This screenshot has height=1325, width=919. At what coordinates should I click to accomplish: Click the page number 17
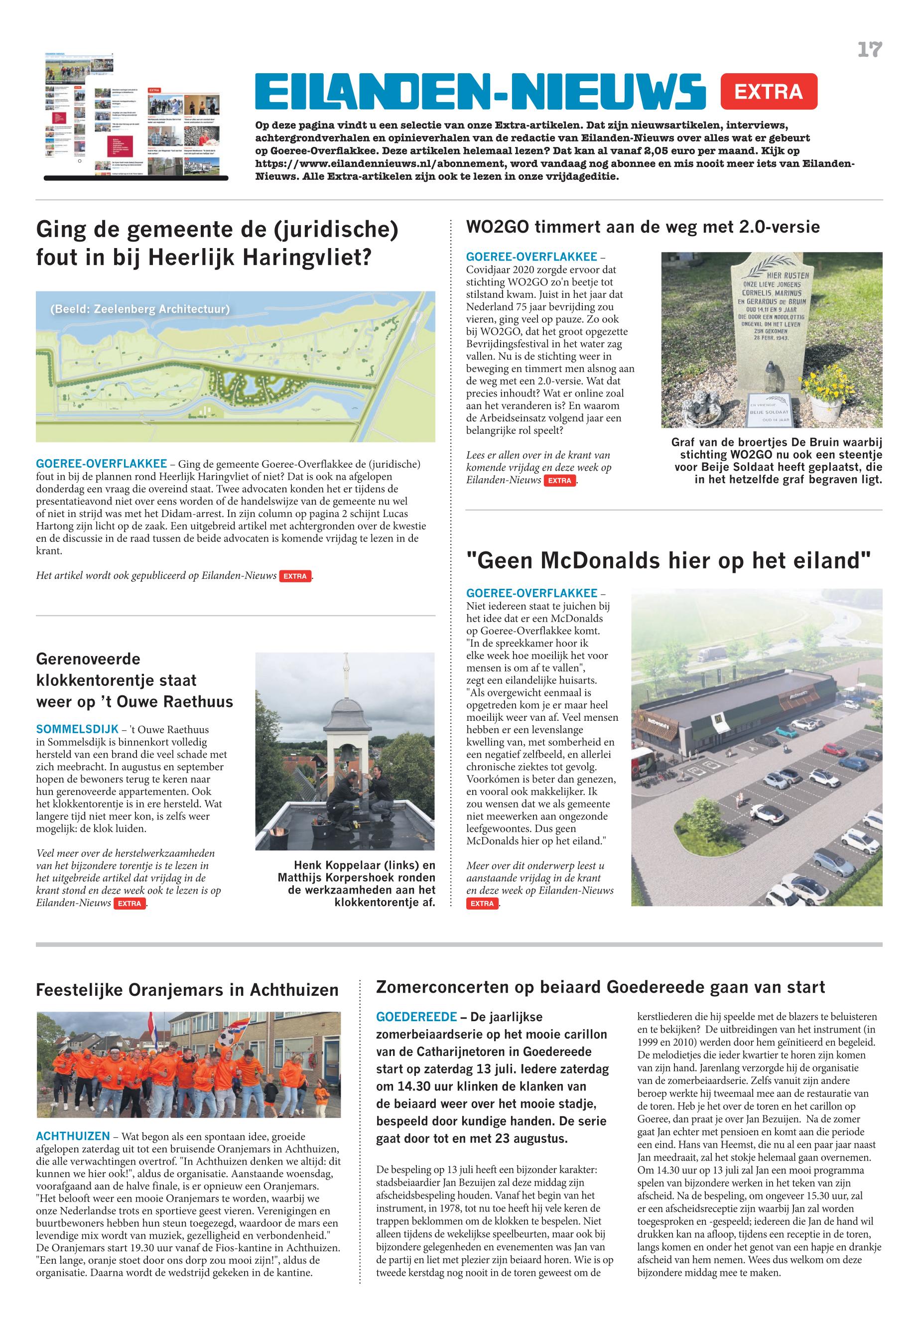tap(870, 50)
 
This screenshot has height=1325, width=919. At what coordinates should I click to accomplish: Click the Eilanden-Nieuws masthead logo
tap(480, 92)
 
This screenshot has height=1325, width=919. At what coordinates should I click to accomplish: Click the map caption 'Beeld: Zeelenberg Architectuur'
tap(140, 309)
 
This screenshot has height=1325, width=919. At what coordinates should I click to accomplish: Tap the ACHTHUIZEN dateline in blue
tap(73, 1136)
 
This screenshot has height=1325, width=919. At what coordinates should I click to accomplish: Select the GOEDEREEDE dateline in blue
tap(416, 1017)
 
